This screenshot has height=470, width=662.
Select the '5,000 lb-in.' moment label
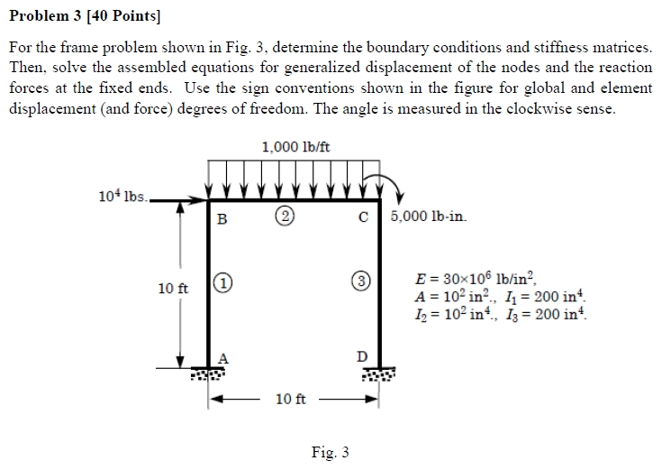pos(431,217)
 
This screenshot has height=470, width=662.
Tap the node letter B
pos(222,217)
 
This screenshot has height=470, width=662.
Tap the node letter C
pos(363,217)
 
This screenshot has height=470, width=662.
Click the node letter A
pos(223,356)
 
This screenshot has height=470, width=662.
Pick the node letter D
pos(362,357)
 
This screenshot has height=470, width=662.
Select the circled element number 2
pos(286,217)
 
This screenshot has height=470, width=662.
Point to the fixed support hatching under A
pos(210,373)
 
